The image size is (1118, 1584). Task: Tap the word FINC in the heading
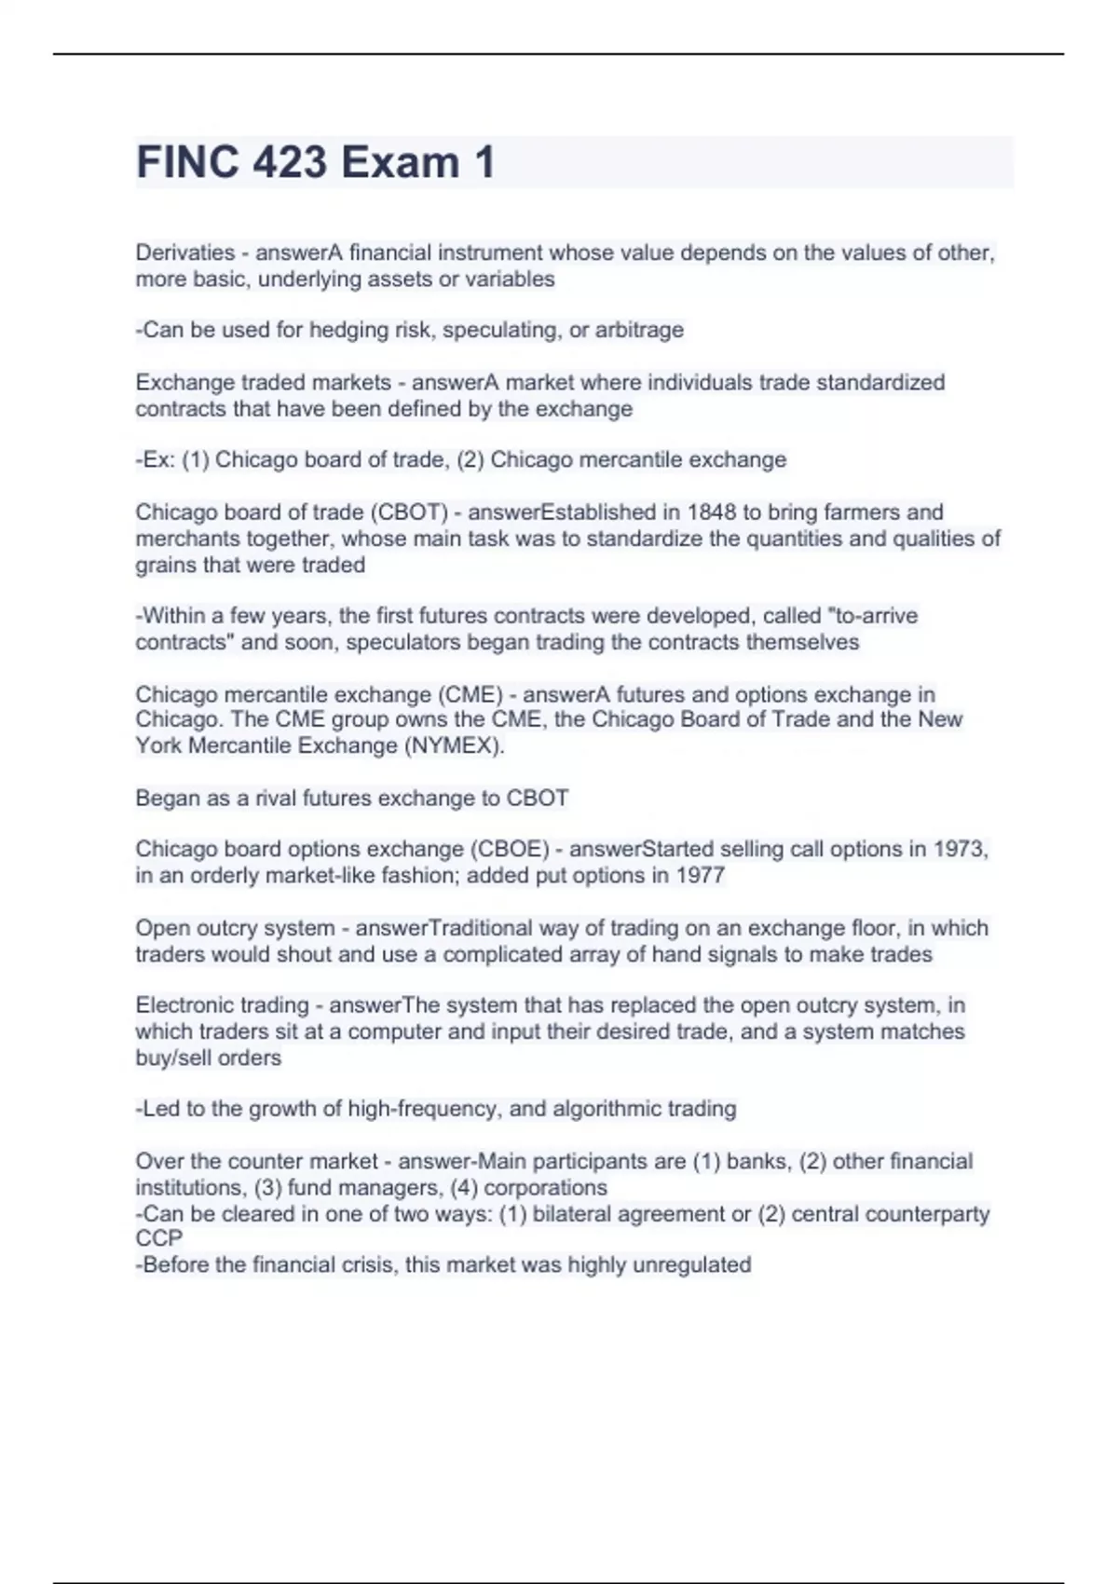point(183,162)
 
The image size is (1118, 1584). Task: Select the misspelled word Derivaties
point(184,253)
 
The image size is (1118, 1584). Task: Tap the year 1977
point(702,876)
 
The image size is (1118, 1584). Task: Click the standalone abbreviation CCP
point(159,1239)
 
